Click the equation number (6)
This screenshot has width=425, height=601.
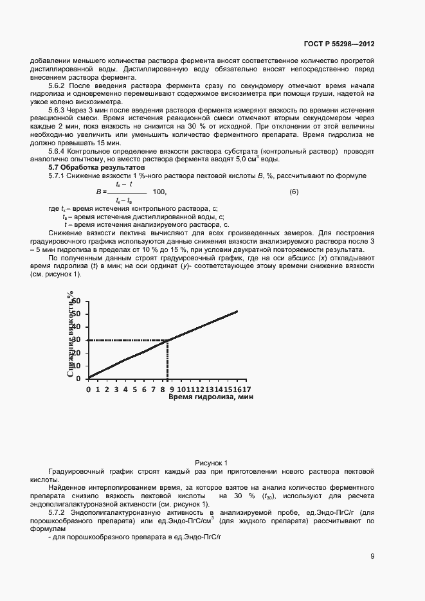click(x=294, y=192)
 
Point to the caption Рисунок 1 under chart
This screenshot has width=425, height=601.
click(x=212, y=463)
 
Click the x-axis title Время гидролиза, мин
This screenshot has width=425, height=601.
click(x=211, y=398)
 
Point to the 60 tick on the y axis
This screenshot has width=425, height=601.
click(x=77, y=301)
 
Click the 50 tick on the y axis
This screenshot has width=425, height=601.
click(x=77, y=314)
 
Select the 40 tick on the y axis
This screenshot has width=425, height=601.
click(x=77, y=327)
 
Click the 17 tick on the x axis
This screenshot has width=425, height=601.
click(x=246, y=389)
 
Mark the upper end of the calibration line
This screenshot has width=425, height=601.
click(x=237, y=311)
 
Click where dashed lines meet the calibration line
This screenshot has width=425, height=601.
click(x=168, y=340)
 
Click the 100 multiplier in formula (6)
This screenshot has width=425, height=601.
click(x=160, y=192)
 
